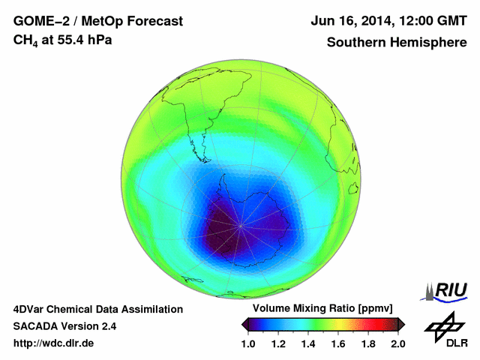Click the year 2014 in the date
[367, 21]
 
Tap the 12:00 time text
[410, 21]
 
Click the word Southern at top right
[355, 42]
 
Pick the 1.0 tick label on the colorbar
[249, 343]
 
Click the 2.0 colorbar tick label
[397, 343]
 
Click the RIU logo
[448, 290]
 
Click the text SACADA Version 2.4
[64, 326]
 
